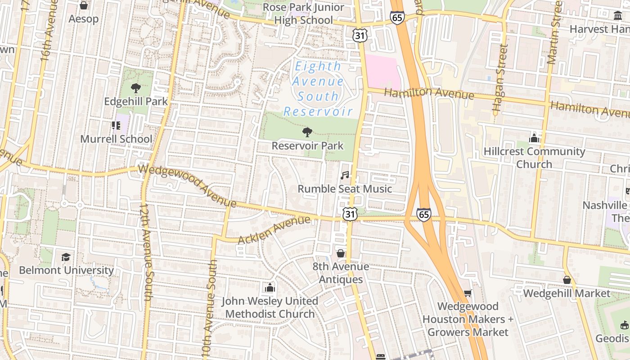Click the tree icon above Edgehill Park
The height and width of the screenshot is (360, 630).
(135, 88)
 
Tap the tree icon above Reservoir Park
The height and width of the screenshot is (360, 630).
(307, 132)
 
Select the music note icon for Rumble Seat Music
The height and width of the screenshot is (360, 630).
(345, 175)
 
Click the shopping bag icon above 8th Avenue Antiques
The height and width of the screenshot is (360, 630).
(341, 253)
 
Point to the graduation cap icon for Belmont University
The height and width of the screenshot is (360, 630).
(66, 257)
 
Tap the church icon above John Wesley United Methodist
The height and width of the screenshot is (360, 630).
(270, 288)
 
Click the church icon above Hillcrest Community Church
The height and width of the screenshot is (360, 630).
(534, 138)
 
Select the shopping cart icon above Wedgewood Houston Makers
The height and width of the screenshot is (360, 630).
(468, 293)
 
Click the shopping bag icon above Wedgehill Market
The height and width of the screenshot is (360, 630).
(567, 280)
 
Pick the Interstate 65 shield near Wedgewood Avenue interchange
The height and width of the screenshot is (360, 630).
(423, 214)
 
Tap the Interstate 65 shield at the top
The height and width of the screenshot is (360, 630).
(397, 18)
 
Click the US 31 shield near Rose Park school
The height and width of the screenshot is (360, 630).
(360, 36)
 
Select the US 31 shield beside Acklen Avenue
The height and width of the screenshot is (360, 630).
(350, 214)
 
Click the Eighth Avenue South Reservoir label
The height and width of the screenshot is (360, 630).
(318, 89)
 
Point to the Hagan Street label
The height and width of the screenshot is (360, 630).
(499, 77)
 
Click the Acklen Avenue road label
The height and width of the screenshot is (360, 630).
(274, 229)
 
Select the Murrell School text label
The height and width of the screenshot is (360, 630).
(116, 139)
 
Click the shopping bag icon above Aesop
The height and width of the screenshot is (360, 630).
(83, 5)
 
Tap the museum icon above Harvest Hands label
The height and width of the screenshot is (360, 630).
(618, 16)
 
